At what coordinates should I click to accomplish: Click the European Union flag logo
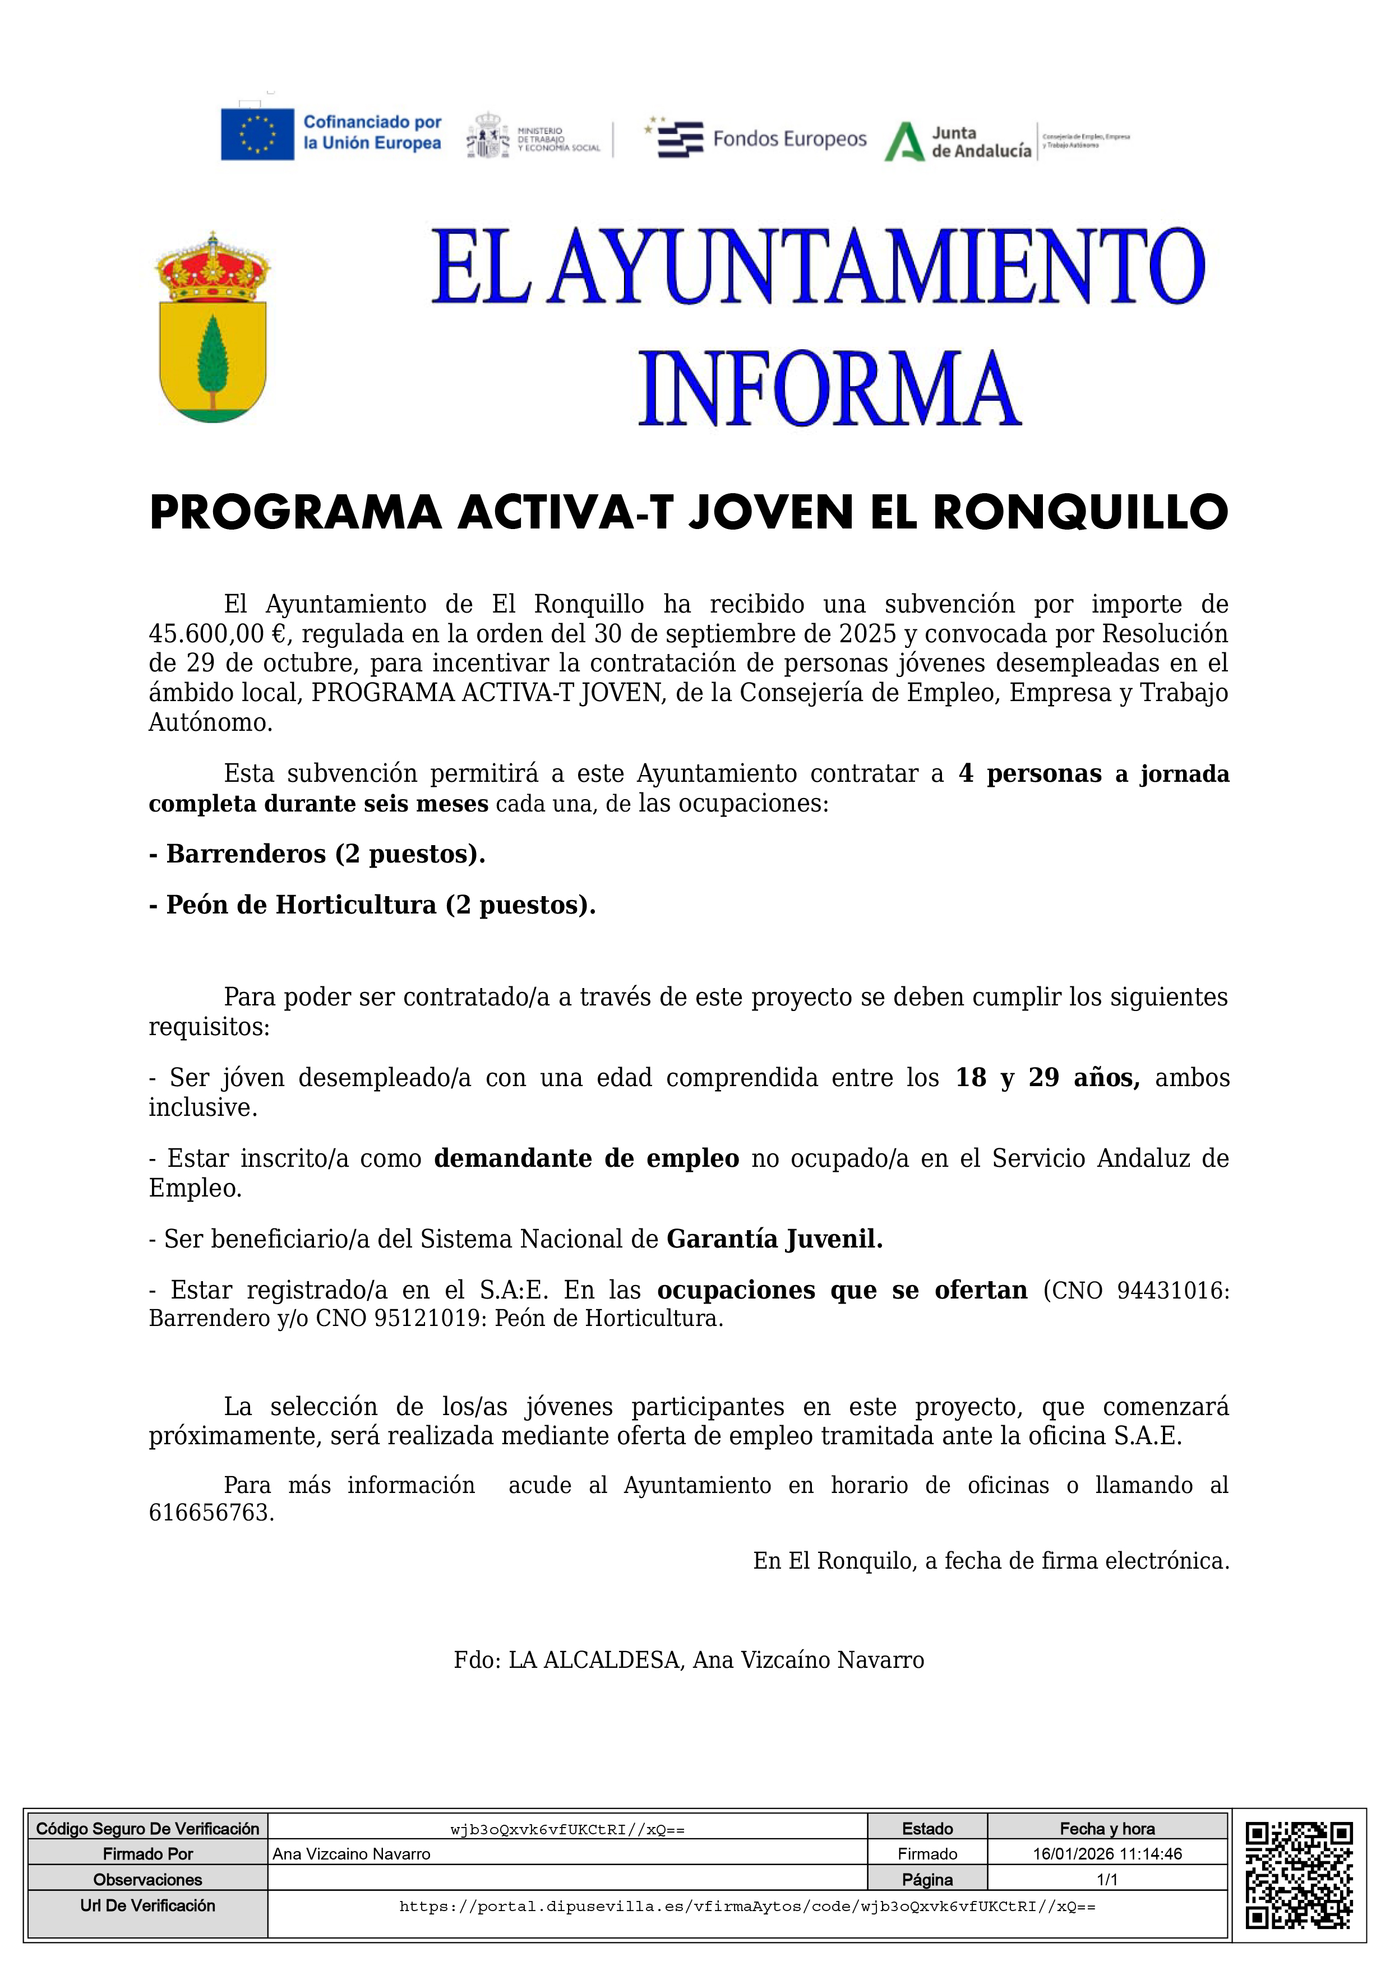click(257, 135)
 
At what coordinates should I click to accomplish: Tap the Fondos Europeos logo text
click(789, 140)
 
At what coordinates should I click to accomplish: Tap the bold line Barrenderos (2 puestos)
click(317, 854)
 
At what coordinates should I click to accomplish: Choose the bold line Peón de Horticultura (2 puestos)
click(372, 905)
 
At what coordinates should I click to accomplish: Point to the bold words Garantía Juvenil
click(774, 1239)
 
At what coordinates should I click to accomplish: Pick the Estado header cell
click(927, 1829)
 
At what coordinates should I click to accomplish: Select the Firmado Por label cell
click(147, 1854)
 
